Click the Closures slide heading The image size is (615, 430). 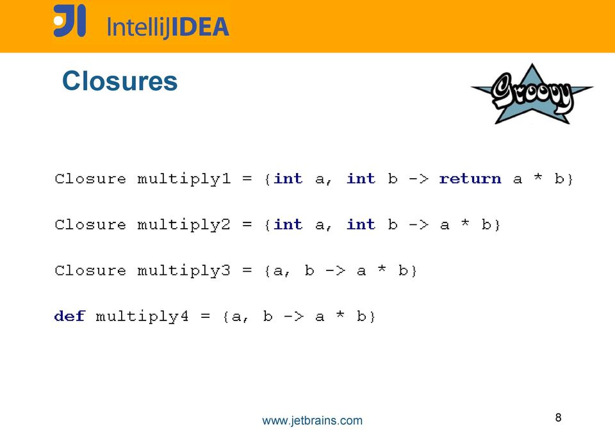120,81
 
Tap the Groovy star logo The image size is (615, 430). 532,94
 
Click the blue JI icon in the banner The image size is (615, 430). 69,21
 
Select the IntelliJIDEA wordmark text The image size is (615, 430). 168,27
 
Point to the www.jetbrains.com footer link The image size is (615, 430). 312,420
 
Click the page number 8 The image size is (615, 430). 558,417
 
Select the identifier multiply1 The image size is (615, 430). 184,179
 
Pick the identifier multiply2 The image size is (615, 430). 184,226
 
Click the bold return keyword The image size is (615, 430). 470,179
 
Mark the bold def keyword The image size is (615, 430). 69,315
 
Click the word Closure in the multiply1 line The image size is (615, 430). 90,179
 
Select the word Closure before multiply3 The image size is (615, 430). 90,270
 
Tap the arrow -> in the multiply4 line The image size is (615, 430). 293,316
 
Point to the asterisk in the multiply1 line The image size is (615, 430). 537,177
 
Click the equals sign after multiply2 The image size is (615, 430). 247,225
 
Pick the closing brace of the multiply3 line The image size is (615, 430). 414,271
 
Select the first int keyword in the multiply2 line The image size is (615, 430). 288,224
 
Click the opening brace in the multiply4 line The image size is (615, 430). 225,317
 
